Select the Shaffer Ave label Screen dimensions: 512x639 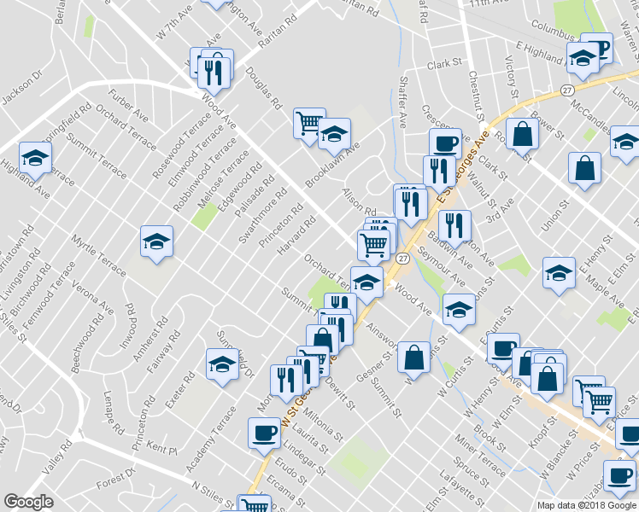pyautogui.click(x=402, y=103)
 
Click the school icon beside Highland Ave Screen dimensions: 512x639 pyautogui.click(x=35, y=157)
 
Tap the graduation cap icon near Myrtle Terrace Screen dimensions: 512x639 pyautogui.click(x=157, y=241)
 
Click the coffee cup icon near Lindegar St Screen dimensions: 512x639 pyautogui.click(x=263, y=433)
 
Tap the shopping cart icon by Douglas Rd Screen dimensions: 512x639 pyautogui.click(x=308, y=122)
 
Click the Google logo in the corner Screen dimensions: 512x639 pyautogui.click(x=28, y=503)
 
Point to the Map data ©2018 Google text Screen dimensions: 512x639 pyautogui.click(x=586, y=504)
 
